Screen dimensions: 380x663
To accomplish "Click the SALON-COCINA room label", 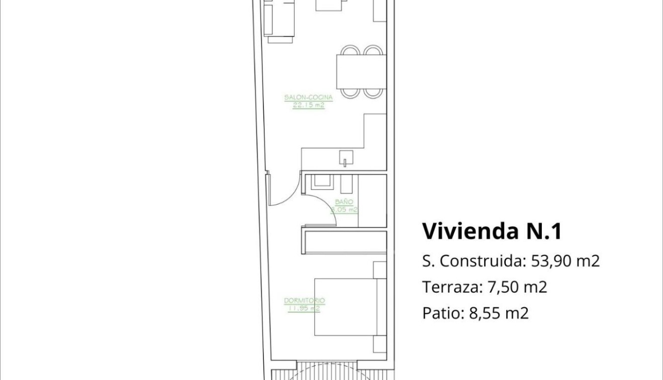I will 309,98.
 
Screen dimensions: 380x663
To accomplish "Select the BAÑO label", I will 344,202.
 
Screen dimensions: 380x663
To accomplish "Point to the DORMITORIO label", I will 305,301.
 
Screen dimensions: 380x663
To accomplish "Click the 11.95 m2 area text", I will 304,308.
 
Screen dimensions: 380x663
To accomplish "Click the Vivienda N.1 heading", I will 491,231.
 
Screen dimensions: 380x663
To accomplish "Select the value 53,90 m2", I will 565,261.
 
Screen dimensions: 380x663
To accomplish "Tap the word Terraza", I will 452,287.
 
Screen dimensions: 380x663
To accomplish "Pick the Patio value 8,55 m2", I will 499,313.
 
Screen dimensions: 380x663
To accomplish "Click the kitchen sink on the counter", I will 346,158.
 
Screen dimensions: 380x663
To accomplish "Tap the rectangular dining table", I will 361,71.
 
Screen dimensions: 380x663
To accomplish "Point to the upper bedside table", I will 380,269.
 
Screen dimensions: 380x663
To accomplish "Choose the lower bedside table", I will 380,344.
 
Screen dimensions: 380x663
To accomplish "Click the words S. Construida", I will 473,261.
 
